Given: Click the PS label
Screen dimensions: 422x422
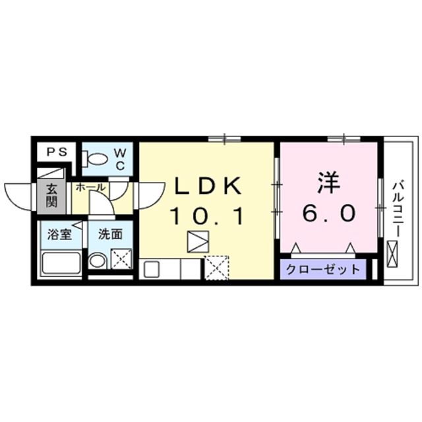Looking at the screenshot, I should (x=56, y=152).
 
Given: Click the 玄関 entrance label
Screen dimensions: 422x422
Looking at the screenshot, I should (x=51, y=195).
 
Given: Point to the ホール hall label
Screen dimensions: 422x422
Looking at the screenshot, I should (x=90, y=187).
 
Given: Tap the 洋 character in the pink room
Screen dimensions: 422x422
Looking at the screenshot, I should (x=329, y=183).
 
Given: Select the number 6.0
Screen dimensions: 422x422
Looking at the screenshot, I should (x=329, y=213).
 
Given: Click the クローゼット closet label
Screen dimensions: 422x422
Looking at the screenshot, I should (x=322, y=269).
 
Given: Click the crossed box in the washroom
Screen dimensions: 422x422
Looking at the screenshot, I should (x=121, y=260).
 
